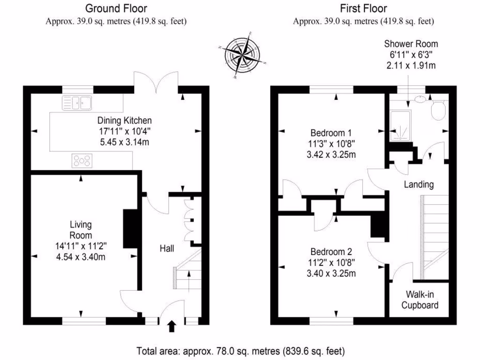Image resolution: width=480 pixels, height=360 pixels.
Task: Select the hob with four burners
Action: tap(82, 161)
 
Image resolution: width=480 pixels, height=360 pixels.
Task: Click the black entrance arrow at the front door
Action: tap(172, 325)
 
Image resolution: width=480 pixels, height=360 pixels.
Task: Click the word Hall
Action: tap(167, 248)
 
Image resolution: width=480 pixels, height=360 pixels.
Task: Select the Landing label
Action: tap(419, 185)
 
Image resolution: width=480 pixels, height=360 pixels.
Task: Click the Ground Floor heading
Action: tap(116, 8)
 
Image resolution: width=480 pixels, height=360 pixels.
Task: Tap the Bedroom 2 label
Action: tap(327, 251)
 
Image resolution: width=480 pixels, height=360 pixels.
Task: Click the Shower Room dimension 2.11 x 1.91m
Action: tap(411, 65)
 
